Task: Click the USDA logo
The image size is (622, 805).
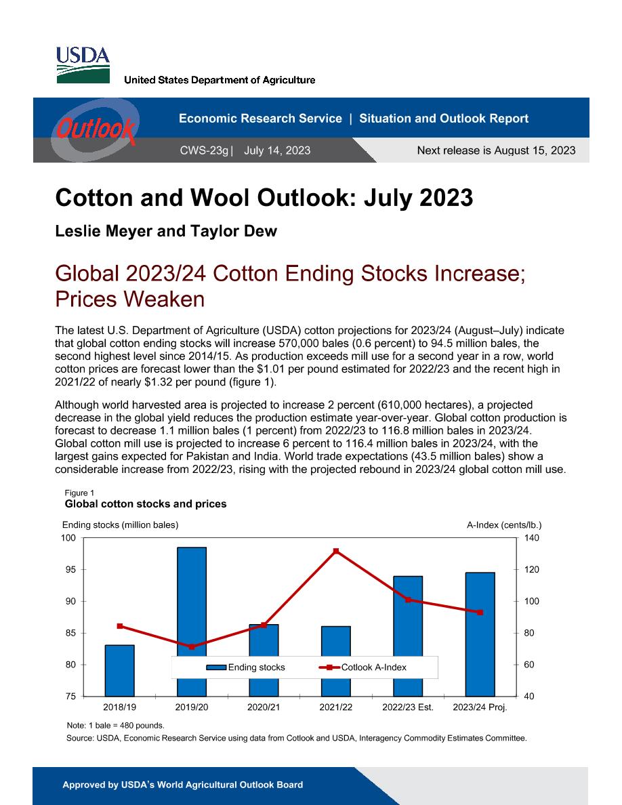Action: point(83,65)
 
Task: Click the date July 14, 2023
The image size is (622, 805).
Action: point(277,150)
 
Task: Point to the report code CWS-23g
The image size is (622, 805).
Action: point(204,150)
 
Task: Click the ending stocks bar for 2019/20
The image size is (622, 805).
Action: point(192,622)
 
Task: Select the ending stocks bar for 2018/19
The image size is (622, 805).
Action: point(119,670)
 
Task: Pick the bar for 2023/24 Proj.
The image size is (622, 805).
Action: point(480,634)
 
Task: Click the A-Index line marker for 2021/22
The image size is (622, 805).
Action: point(336,551)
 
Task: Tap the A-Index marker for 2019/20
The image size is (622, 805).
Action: point(192,647)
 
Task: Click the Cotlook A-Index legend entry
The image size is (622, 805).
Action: point(362,667)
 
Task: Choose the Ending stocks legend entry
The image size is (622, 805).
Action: point(245,667)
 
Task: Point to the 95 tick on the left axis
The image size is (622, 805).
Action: point(70,569)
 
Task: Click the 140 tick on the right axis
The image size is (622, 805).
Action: point(532,537)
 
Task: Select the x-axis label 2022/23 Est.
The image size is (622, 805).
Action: point(408,707)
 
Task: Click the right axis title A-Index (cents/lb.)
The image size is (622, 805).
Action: point(504,524)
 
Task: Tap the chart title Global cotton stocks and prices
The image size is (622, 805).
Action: point(146,504)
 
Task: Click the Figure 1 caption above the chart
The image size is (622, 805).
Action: point(79,493)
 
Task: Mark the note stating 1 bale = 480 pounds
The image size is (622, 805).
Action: point(115,726)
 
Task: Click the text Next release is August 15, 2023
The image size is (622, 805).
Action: point(496,150)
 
